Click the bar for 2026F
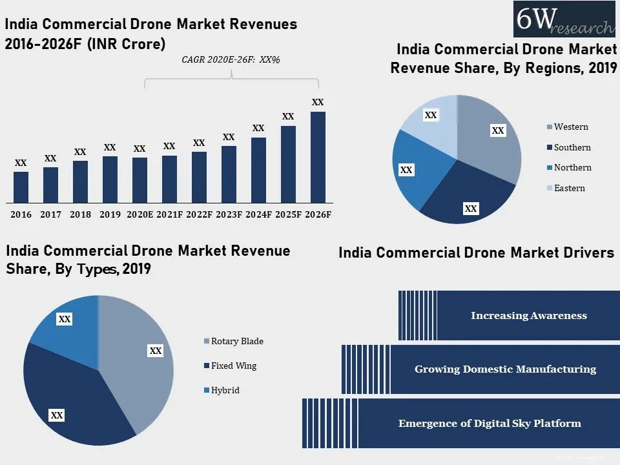[318, 158]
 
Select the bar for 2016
[21, 187]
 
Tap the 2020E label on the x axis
[139, 214]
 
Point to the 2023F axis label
[229, 214]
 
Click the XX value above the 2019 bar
[110, 148]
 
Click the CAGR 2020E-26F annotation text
[231, 59]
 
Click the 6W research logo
[564, 19]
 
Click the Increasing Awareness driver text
[528, 316]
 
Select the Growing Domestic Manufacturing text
[505, 369]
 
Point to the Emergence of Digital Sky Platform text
[490, 424]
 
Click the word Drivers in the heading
[586, 253]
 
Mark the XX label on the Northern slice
[406, 170]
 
